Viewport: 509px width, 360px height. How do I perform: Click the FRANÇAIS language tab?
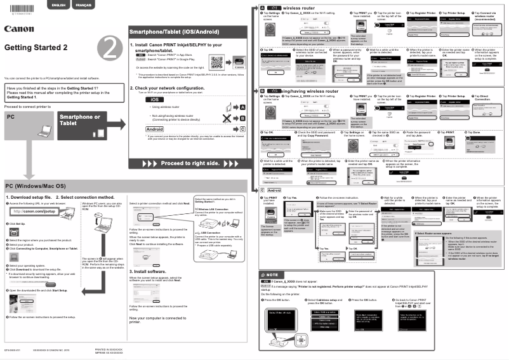[83, 5]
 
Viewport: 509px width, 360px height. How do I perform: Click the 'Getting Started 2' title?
[36, 48]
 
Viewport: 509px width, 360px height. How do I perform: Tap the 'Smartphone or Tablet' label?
[79, 120]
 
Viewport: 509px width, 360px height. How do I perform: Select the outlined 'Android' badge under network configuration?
[155, 128]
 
